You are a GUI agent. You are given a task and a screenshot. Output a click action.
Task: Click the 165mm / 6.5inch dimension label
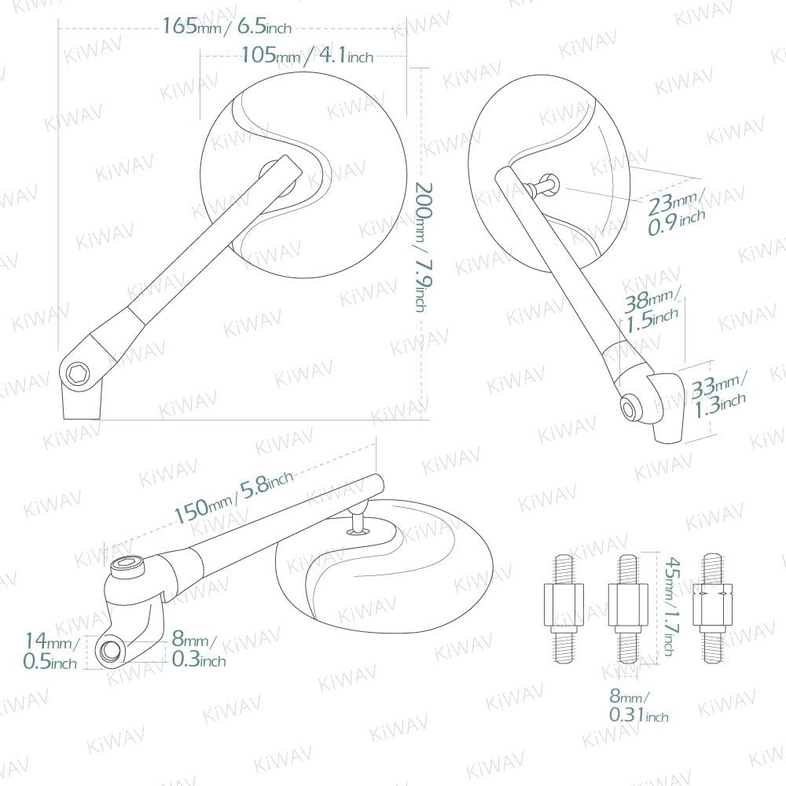point(226,26)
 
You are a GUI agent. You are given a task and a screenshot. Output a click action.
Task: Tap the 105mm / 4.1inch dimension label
point(307,55)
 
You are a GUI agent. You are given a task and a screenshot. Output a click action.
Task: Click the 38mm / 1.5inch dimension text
point(651,311)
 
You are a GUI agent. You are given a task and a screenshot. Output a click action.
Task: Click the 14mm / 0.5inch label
point(50,651)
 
